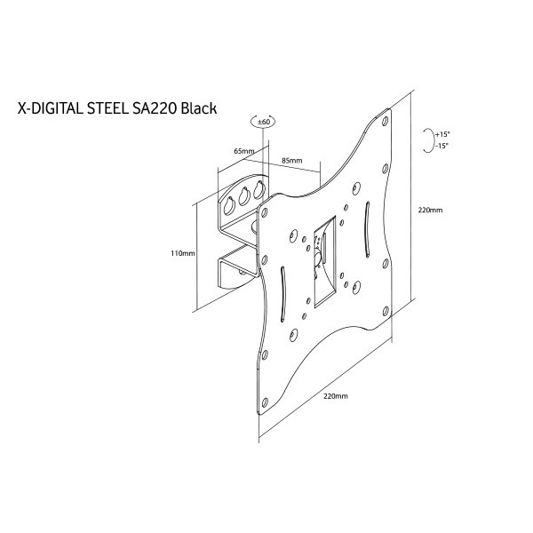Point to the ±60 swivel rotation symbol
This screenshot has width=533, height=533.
pos(263,123)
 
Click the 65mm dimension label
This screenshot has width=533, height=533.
pos(243,152)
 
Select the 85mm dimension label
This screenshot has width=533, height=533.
pos(291,161)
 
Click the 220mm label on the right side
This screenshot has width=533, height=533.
pos(430,211)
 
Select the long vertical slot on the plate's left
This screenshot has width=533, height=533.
pos(282,292)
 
